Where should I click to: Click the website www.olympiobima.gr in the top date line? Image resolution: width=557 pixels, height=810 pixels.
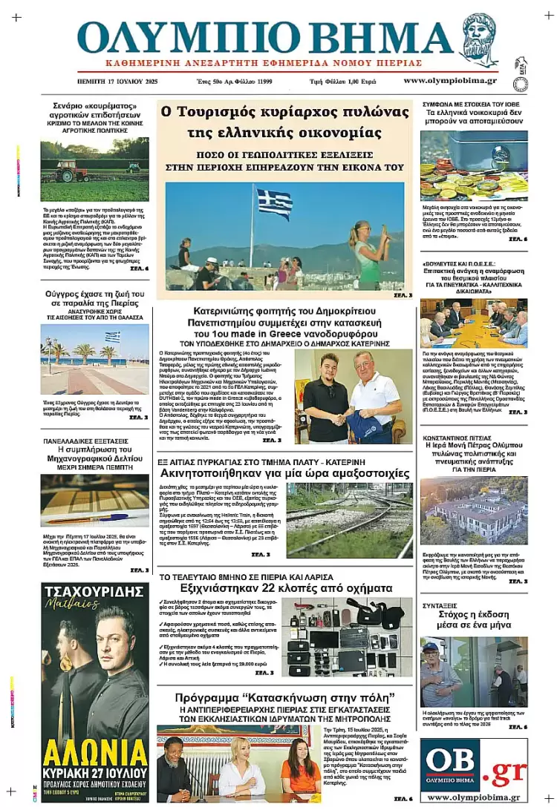tap(451, 80)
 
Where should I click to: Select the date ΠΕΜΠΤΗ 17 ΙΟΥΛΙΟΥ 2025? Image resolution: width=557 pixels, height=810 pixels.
tap(117, 80)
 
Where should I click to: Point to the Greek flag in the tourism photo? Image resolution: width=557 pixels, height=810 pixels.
tap(274, 202)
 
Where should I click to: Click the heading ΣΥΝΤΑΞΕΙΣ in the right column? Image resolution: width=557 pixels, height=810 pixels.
tap(442, 606)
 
